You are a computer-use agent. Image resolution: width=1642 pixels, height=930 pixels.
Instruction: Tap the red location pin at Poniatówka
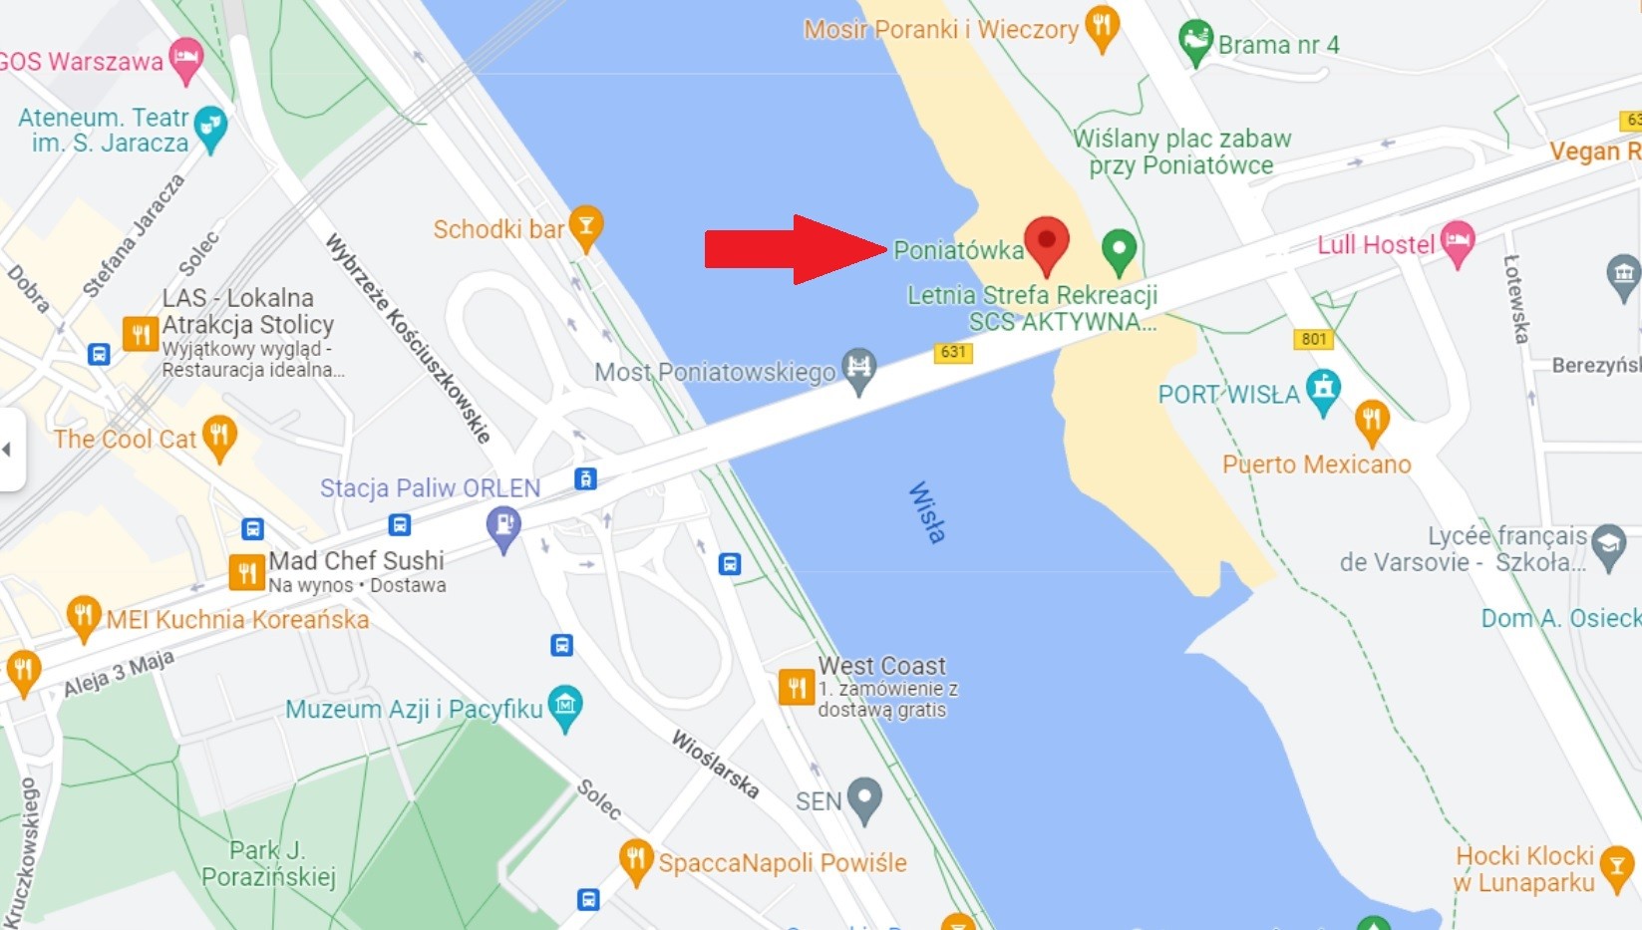[1046, 242]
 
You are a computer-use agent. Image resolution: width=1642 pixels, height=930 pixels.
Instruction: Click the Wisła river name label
[926, 512]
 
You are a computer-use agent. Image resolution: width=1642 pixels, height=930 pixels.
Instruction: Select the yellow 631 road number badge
[953, 352]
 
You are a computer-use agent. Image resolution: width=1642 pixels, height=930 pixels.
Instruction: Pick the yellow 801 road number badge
[1314, 339]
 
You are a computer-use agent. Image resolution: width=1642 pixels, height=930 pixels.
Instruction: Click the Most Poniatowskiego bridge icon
[858, 370]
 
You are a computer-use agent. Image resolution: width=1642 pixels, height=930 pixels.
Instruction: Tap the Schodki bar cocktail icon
[586, 226]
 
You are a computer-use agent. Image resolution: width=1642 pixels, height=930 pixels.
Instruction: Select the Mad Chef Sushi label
[356, 560]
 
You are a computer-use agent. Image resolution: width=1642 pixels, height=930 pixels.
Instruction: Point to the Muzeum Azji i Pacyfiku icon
[565, 706]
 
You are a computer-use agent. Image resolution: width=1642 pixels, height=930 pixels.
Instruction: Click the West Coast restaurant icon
[797, 687]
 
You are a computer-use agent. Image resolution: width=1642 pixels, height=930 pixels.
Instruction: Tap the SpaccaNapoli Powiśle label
[782, 862]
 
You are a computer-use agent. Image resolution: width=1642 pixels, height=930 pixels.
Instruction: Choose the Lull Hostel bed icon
[1457, 240]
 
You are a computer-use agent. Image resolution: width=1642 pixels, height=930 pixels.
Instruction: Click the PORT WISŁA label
[1228, 395]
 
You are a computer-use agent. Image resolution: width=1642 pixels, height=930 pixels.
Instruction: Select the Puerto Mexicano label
[1316, 465]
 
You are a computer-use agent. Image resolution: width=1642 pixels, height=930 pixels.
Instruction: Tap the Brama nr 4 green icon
[1194, 42]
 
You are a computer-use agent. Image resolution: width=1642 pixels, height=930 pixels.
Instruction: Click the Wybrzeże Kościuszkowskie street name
[408, 338]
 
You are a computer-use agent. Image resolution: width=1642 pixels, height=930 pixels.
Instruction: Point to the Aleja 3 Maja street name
[119, 673]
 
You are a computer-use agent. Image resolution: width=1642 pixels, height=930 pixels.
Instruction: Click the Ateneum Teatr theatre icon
[210, 127]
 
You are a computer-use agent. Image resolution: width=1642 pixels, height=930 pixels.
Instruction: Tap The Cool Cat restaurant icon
[219, 436]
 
